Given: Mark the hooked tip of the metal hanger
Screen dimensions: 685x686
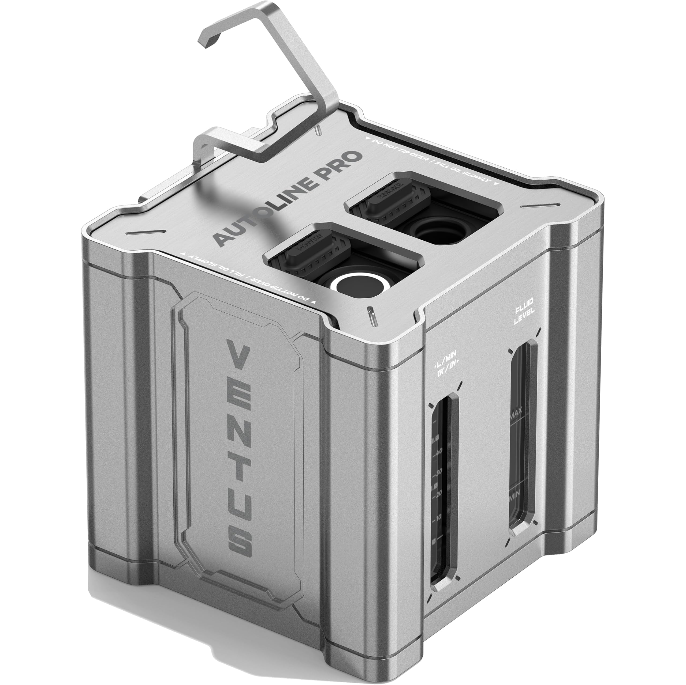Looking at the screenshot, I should tap(206, 39).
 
